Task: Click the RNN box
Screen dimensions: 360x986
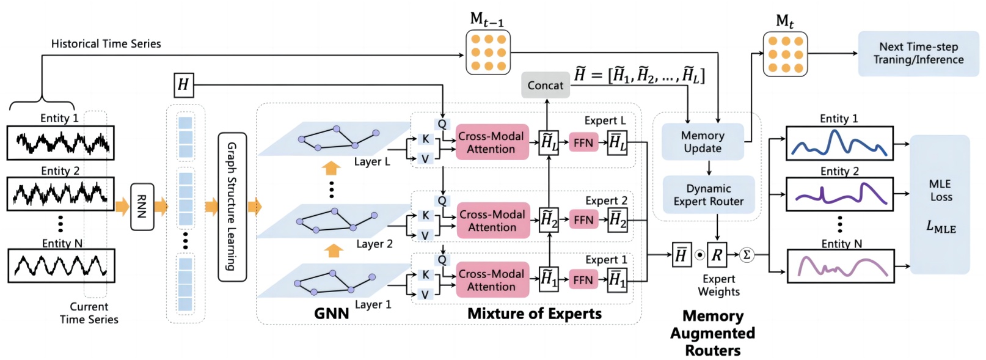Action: [x=142, y=207]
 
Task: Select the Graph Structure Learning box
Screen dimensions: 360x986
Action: [x=232, y=207]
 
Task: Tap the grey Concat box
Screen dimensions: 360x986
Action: [x=545, y=85]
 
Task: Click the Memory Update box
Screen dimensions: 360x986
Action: [x=703, y=142]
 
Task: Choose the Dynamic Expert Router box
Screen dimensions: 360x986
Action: [x=709, y=195]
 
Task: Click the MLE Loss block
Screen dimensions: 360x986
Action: [x=940, y=205]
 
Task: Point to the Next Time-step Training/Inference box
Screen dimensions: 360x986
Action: [x=918, y=54]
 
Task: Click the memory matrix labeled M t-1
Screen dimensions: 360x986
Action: [x=488, y=53]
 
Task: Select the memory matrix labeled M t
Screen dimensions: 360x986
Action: [x=785, y=54]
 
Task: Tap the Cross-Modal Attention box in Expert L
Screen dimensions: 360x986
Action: [x=492, y=142]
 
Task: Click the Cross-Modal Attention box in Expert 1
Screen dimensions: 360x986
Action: [x=492, y=280]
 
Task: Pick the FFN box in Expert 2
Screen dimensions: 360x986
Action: [x=583, y=220]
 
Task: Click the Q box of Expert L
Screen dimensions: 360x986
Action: [x=442, y=124]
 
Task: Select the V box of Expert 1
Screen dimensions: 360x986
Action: [x=425, y=295]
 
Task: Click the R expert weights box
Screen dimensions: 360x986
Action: [x=717, y=255]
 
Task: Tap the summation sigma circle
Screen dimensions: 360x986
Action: [x=747, y=255]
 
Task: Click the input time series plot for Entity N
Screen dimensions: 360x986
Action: [x=61, y=265]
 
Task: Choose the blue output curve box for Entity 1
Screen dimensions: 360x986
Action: [x=839, y=143]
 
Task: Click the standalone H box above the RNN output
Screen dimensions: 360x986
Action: [x=183, y=85]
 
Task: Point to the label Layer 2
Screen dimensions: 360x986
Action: [x=374, y=244]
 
